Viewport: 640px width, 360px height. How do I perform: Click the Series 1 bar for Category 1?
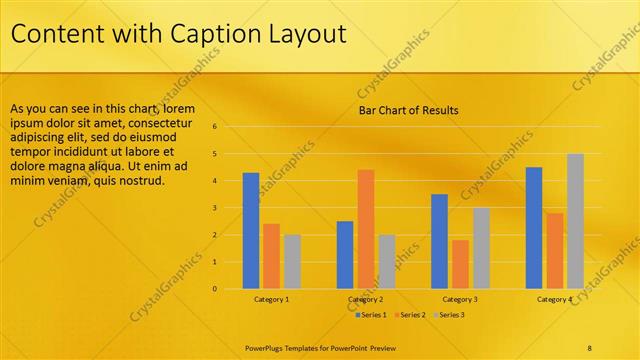[251, 231]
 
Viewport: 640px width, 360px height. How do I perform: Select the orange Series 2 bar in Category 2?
[366, 229]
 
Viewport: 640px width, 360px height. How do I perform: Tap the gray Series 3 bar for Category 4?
[575, 221]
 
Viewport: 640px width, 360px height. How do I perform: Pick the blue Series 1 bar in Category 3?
[439, 241]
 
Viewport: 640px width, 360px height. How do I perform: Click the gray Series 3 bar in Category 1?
[292, 262]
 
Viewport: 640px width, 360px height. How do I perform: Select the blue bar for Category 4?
[534, 228]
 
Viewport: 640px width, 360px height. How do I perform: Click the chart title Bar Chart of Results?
[409, 110]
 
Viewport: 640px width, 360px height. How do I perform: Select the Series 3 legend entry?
[452, 315]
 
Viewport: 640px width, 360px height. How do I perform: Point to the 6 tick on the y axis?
[214, 127]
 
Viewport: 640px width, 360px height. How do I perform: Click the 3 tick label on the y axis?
[214, 208]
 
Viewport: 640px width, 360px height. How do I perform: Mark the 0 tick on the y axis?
[214, 289]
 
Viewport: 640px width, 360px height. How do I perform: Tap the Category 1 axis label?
[271, 299]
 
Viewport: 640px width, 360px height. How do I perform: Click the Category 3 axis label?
[460, 299]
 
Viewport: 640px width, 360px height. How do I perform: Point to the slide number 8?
[590, 347]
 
